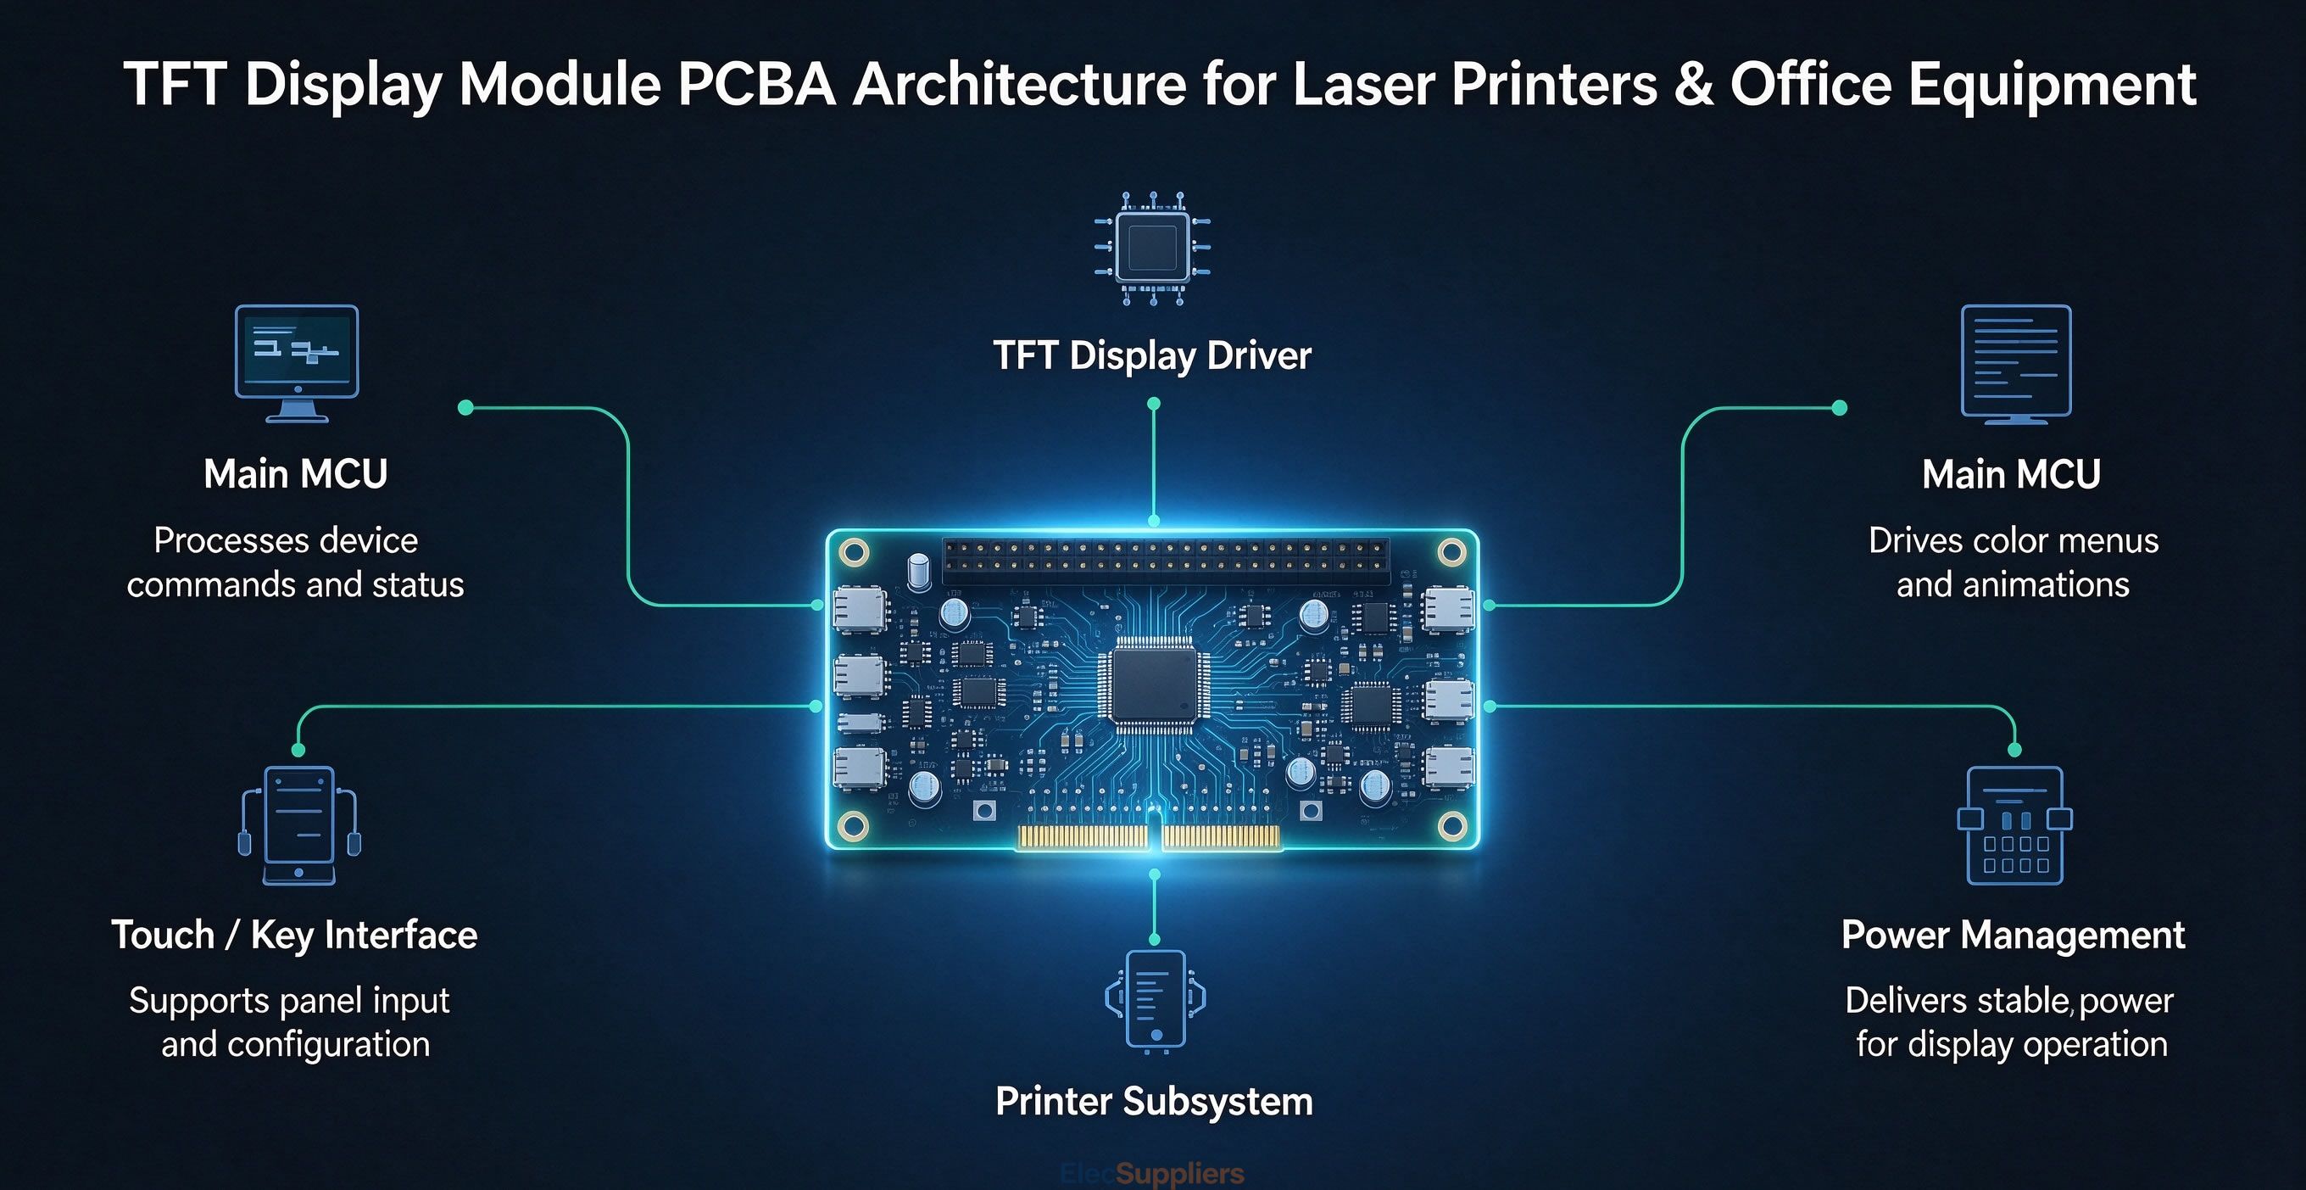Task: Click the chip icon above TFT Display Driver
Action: (1153, 248)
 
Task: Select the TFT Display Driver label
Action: (1152, 355)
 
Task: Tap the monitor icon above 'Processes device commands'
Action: (297, 364)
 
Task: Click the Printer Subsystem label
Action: (1154, 1101)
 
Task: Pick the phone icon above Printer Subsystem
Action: (1155, 998)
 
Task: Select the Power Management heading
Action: (2014, 935)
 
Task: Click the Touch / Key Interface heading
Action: (294, 935)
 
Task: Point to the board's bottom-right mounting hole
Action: (1451, 824)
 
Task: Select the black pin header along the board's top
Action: (1166, 556)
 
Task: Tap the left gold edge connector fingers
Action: (1083, 837)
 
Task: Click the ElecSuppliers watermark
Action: (1151, 1173)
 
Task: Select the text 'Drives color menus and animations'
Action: (2014, 562)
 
